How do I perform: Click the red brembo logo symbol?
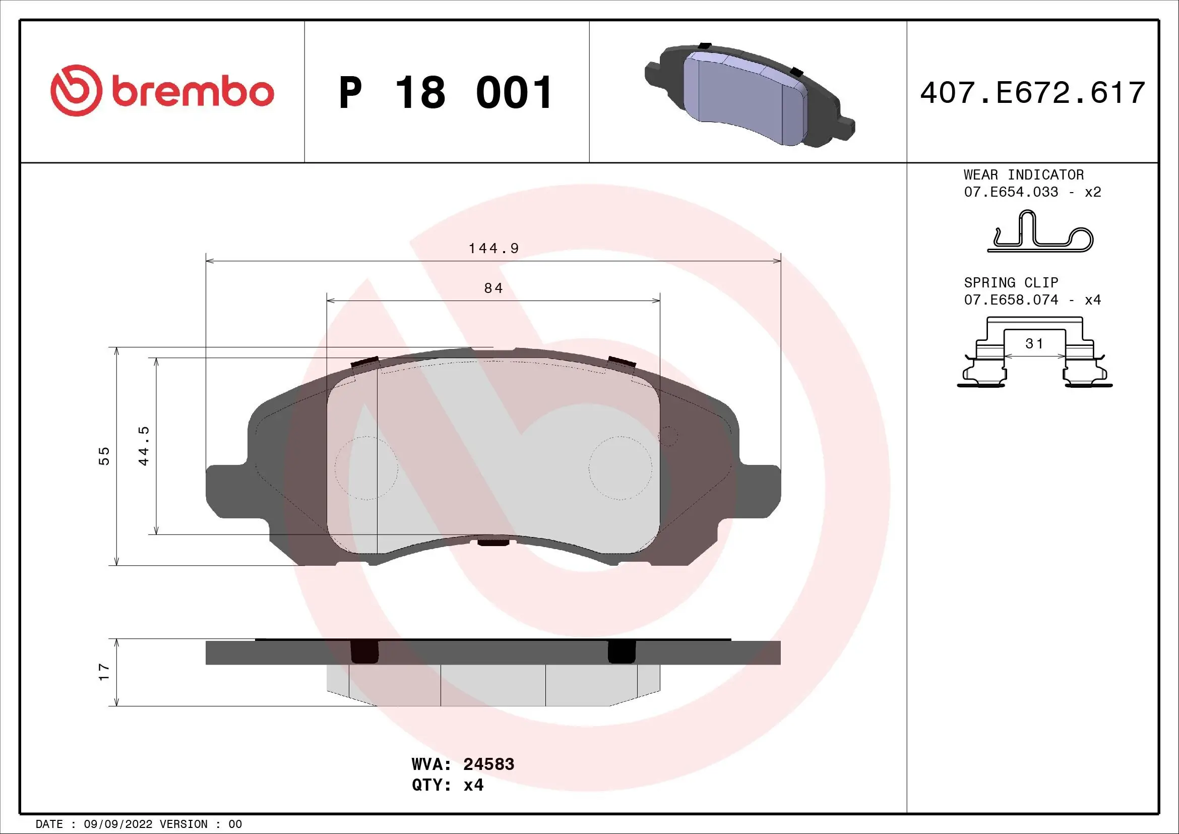pyautogui.click(x=75, y=90)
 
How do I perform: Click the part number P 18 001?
pyautogui.click(x=445, y=93)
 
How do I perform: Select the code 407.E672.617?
pyautogui.click(x=1032, y=93)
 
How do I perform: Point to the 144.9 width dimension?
pyautogui.click(x=493, y=249)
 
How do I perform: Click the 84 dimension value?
pyautogui.click(x=493, y=288)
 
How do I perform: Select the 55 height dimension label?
pyautogui.click(x=104, y=455)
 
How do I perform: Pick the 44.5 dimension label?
pyautogui.click(x=144, y=445)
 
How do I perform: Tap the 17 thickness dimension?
pyautogui.click(x=104, y=672)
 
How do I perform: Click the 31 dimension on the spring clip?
pyautogui.click(x=1035, y=343)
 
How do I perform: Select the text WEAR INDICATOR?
pyautogui.click(x=1023, y=174)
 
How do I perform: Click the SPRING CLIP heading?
pyautogui.click(x=1011, y=282)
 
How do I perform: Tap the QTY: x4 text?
pyautogui.click(x=447, y=785)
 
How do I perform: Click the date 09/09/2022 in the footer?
pyautogui.click(x=117, y=824)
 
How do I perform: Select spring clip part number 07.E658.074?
pyautogui.click(x=1011, y=300)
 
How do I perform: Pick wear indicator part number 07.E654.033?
pyautogui.click(x=1011, y=192)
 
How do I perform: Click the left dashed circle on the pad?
pyautogui.click(x=366, y=468)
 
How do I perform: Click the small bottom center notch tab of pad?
pyautogui.click(x=493, y=543)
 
